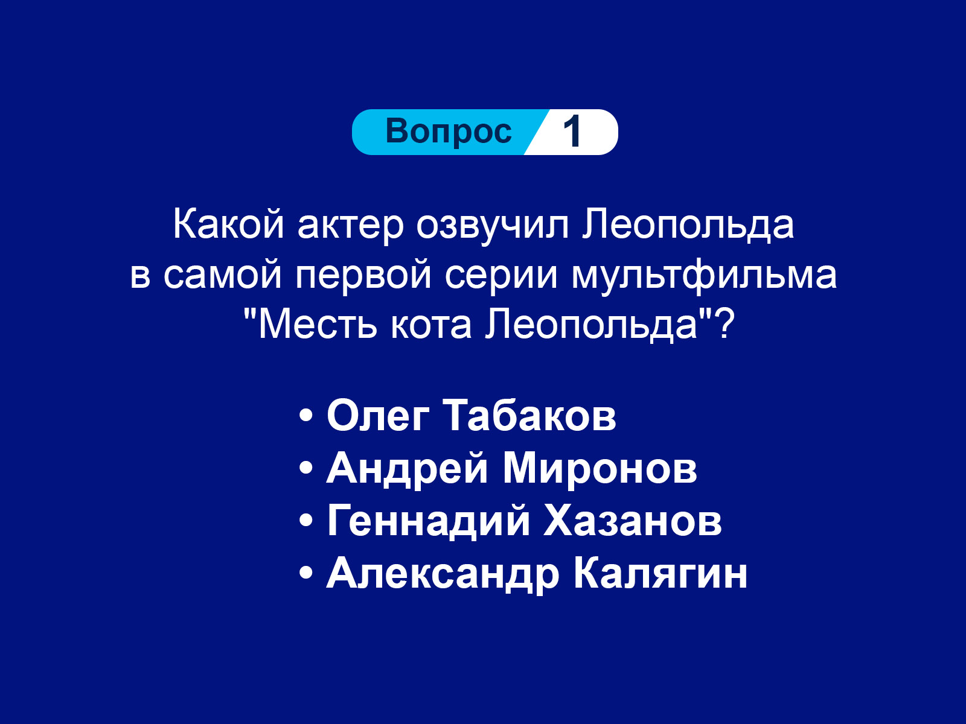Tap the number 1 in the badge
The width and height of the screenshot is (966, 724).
click(572, 132)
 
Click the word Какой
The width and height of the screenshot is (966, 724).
click(228, 224)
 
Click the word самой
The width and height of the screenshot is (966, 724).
click(222, 276)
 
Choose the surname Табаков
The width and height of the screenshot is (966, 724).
click(532, 416)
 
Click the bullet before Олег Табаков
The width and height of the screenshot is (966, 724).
click(306, 416)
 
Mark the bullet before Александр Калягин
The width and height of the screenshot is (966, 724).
click(306, 573)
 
